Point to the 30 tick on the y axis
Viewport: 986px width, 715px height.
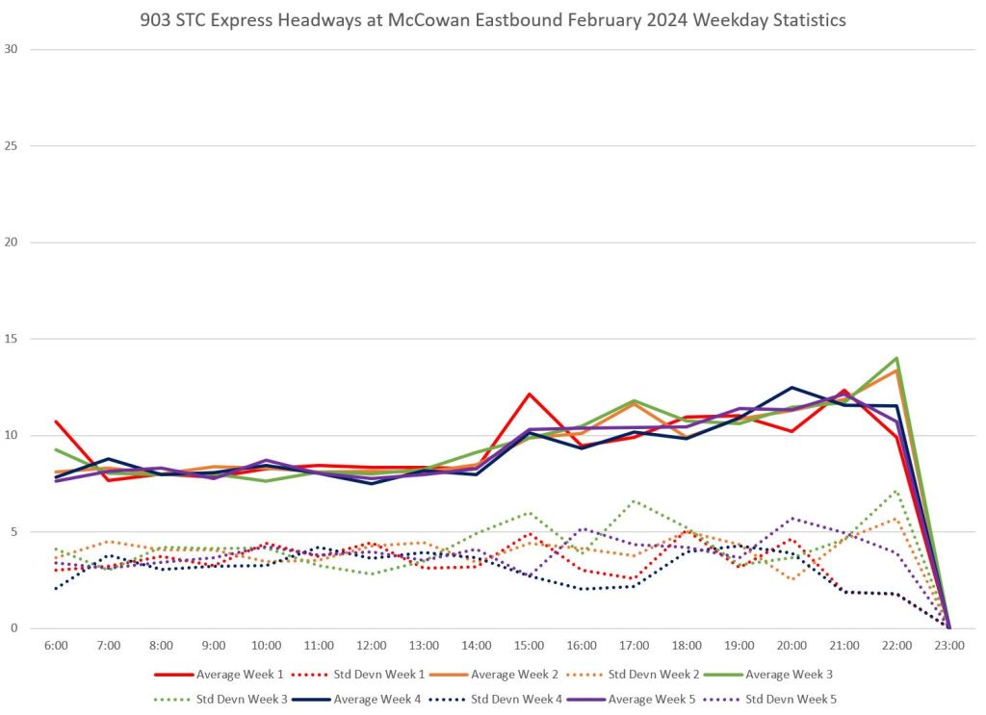coord(13,49)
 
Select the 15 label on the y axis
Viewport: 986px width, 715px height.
coord(13,339)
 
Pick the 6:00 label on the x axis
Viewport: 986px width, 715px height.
coord(56,646)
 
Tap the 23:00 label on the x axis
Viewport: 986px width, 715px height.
coord(949,646)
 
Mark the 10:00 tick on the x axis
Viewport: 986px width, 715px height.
coord(266,646)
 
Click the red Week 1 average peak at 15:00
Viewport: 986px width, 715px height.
coord(530,394)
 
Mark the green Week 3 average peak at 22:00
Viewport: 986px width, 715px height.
coord(896,358)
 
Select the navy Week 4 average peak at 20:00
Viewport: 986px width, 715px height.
coord(791,387)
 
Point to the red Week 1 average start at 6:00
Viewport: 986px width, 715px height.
coord(57,421)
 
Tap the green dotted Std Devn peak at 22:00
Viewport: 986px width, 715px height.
coord(896,491)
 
